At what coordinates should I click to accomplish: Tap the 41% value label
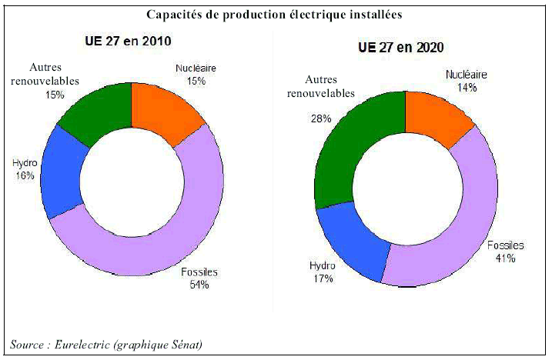pos(505,259)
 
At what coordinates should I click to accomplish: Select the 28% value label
pos(321,118)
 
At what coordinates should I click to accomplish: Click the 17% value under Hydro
pos(323,278)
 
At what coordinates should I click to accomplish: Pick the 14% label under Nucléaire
pos(467,88)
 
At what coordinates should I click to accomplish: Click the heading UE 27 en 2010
pos(128,41)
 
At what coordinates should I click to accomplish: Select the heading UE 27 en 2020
pos(403,46)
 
